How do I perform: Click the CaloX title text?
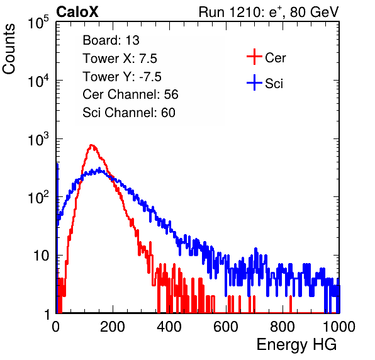77,12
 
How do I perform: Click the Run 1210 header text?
269,12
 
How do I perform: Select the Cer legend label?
275,58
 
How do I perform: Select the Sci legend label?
274,84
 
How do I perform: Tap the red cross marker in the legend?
254,57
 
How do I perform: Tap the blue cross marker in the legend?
254,82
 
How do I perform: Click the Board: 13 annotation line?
111,40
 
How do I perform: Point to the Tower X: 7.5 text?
120,59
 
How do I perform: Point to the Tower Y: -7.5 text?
122,77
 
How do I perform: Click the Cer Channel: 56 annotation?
130,94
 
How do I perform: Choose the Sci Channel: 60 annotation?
129,113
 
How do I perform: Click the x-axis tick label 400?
169,327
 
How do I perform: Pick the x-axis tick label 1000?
339,327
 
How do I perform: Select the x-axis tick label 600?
226,327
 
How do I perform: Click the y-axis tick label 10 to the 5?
38,23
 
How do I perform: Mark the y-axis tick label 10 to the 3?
38,140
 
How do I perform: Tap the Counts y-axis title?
9,49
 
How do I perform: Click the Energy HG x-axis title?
296,344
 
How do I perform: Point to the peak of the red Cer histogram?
91,145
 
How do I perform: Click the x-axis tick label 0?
56,327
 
